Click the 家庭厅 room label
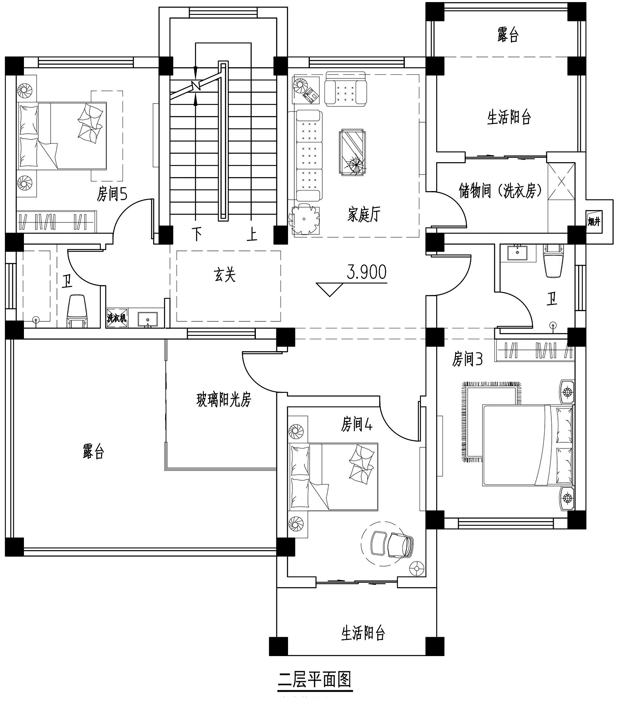click(363, 215)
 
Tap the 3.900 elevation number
click(367, 272)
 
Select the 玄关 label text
click(225, 275)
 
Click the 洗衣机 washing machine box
click(117, 318)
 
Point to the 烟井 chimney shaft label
click(594, 222)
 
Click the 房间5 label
click(112, 194)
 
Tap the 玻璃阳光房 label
click(224, 399)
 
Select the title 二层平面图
click(314, 679)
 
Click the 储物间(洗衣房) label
click(501, 190)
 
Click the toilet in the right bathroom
click(553, 260)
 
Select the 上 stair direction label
click(252, 234)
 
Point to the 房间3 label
click(467, 359)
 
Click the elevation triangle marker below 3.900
click(329, 289)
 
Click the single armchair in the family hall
click(346, 88)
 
